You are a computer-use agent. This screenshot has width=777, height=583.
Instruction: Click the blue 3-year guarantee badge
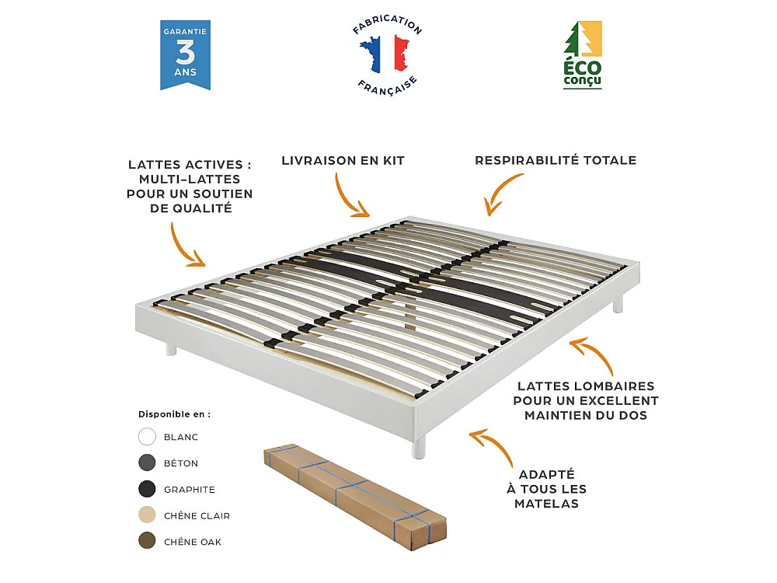pos(185,55)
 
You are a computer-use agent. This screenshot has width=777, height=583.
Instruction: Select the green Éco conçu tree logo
pos(582,55)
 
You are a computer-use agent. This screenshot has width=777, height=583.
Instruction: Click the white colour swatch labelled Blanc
pos(148,437)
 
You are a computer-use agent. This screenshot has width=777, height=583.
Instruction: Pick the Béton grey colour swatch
pos(148,463)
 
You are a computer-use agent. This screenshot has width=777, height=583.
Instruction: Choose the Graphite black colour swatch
pos(148,490)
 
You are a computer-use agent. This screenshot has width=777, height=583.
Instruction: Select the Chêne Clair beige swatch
pos(148,515)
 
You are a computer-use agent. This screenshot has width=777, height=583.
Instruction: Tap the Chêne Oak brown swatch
pos(148,542)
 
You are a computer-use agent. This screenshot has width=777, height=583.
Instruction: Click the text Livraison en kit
pos(343,161)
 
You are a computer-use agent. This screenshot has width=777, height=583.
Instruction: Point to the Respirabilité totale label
pos(556,161)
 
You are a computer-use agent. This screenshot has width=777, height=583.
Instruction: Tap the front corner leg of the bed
pos(420,445)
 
